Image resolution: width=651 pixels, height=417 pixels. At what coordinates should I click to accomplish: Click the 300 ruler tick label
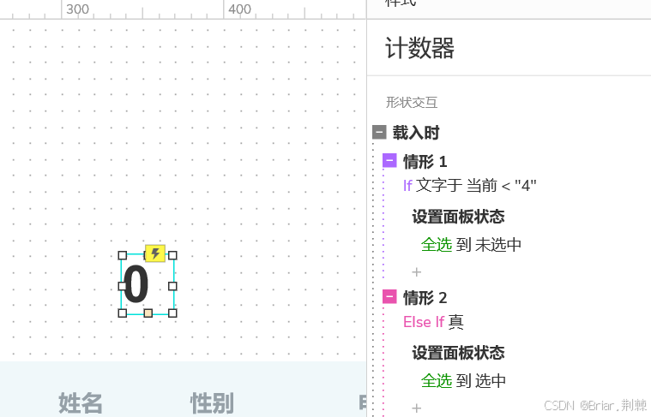point(77,9)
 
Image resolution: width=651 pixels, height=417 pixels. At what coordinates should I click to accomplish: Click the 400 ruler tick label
point(240,9)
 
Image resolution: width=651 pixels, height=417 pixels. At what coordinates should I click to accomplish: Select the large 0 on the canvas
point(137,285)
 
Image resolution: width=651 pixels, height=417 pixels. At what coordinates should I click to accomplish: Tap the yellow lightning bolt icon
point(155,253)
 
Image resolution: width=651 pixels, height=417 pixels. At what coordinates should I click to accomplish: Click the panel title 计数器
point(419,48)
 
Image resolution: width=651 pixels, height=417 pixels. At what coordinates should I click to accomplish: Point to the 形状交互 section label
point(412,102)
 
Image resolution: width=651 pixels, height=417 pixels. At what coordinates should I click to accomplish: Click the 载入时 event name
point(416,132)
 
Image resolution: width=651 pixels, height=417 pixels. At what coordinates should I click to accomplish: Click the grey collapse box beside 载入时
point(379,132)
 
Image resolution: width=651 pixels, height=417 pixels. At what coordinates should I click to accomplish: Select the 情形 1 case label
point(425,161)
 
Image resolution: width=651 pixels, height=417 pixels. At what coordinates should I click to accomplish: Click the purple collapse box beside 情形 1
point(389,160)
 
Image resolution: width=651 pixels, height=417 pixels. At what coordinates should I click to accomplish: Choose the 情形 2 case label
point(425,297)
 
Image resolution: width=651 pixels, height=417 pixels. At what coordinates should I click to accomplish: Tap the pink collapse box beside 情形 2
point(389,297)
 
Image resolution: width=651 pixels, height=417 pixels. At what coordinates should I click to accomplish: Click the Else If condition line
point(434,322)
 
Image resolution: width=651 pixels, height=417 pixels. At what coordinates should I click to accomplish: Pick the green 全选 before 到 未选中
point(437,244)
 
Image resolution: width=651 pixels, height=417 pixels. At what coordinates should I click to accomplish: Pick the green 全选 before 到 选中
point(437,381)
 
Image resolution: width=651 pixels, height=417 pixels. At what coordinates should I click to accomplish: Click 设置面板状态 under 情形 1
point(458,216)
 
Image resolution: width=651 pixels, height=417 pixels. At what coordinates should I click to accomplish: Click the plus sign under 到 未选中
point(417,272)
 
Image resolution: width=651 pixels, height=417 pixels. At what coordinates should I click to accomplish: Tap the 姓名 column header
point(81,402)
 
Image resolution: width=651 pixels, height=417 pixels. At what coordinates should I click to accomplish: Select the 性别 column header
point(212,402)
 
